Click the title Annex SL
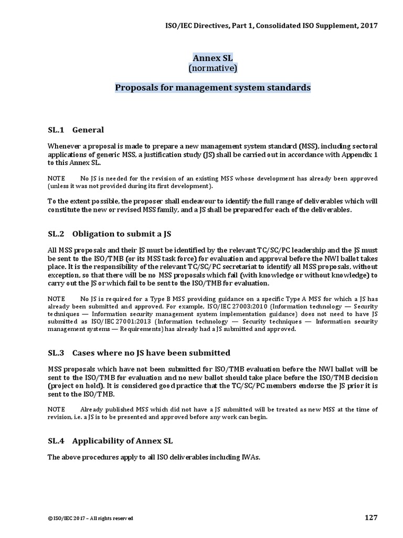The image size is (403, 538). pyautogui.click(x=213, y=58)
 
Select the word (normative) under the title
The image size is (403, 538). pyautogui.click(x=213, y=68)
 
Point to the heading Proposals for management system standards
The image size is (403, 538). pyautogui.click(x=213, y=88)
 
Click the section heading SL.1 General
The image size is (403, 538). pyautogui.click(x=76, y=130)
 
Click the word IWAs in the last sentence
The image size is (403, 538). pyautogui.click(x=250, y=457)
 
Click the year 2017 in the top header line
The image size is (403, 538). pyautogui.click(x=367, y=25)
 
